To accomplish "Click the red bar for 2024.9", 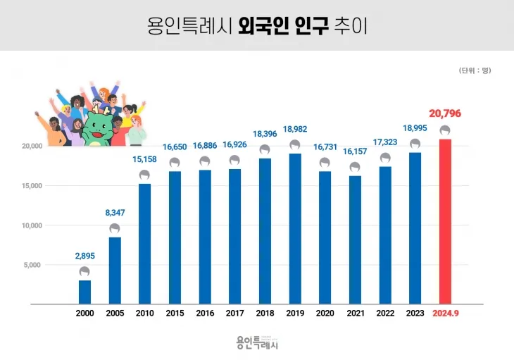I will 445,221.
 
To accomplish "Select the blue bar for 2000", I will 84,292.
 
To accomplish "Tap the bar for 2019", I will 295,228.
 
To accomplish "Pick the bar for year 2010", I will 144,243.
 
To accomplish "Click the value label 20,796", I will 445,113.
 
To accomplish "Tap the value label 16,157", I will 355,151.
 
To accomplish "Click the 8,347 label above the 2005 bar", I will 115,212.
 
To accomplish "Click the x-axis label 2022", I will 385,314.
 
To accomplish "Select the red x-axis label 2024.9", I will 445,314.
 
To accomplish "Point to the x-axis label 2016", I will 205,314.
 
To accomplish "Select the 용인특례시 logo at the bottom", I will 258,342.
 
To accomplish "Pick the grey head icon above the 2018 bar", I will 265,149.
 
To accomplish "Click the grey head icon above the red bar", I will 445,130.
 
